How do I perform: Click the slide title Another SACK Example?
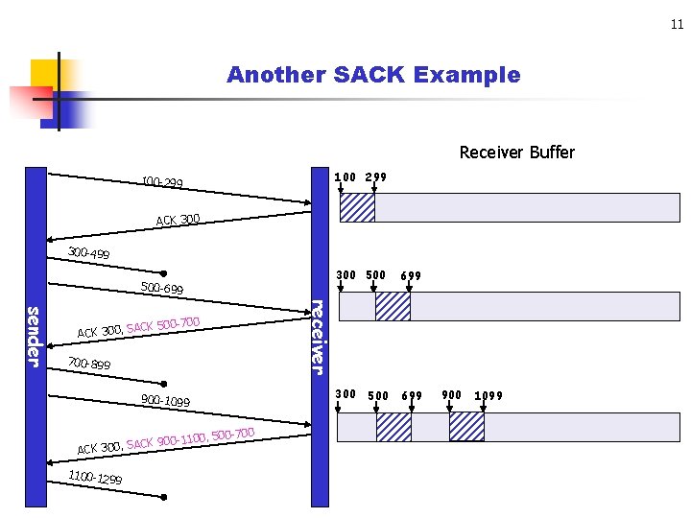[373, 75]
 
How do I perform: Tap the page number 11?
[677, 25]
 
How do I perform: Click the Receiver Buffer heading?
[516, 153]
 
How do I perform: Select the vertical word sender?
[33, 335]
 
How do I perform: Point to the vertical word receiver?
[318, 336]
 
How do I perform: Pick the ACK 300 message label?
[178, 221]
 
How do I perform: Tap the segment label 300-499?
[88, 253]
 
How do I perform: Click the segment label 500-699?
[161, 288]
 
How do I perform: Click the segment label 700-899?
[89, 365]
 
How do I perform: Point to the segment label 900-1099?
[165, 401]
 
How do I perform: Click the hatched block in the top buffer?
[357, 207]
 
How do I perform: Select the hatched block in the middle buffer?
[393, 306]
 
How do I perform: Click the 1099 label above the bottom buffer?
[488, 395]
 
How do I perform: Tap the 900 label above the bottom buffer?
[451, 394]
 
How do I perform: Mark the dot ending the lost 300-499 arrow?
[164, 272]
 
